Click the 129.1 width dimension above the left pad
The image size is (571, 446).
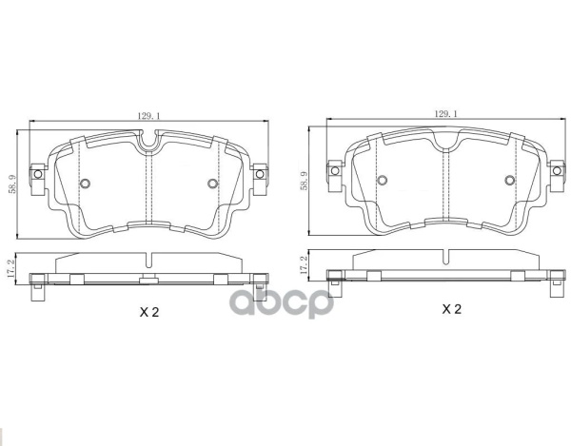click(149, 116)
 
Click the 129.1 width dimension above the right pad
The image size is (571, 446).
click(445, 114)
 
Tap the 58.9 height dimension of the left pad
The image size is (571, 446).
click(12, 184)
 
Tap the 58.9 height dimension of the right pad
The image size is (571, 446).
click(304, 181)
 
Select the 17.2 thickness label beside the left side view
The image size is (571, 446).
click(10, 268)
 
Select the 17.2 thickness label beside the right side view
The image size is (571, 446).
click(304, 264)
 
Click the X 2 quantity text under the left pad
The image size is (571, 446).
click(149, 312)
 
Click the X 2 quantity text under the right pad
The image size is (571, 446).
click(451, 309)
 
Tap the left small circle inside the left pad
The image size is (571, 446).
click(85, 184)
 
